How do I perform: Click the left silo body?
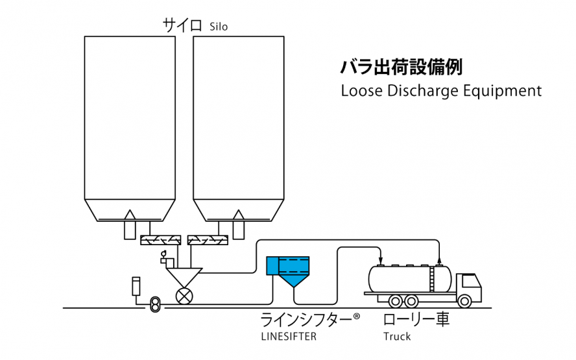tap(130, 117)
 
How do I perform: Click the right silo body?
tap(239, 117)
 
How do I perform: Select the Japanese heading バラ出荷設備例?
tap(402, 67)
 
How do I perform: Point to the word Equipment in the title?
tap(503, 91)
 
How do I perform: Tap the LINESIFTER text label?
tap(288, 337)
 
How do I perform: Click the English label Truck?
tap(397, 337)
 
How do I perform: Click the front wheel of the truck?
tap(464, 301)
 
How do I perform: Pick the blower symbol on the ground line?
tap(154, 304)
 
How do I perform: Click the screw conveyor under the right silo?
tap(208, 241)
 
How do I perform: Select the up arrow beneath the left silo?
tap(130, 224)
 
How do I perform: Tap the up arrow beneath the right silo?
tap(239, 224)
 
